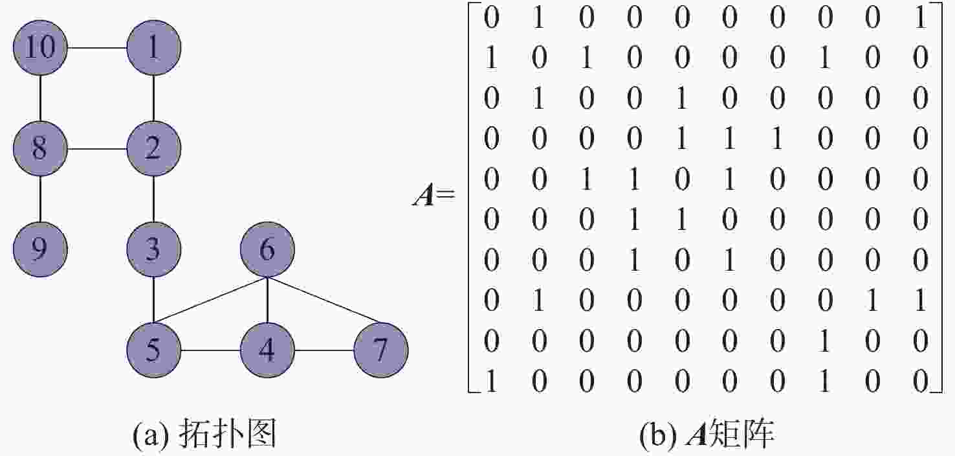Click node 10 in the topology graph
[x=40, y=47]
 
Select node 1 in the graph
[x=153, y=47]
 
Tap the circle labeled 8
[x=40, y=148]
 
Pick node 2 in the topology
[x=153, y=148]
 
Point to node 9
[x=40, y=249]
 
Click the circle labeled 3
[x=153, y=249]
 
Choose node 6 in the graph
[x=267, y=249]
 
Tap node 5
[x=153, y=350]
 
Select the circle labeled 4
[x=267, y=350]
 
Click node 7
[x=381, y=350]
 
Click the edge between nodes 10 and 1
[x=97, y=47]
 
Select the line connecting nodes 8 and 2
[x=97, y=148]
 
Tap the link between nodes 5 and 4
[x=210, y=350]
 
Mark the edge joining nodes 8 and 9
[x=40, y=199]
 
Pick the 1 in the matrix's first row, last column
[x=920, y=18]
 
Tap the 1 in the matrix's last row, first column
[x=492, y=381]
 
